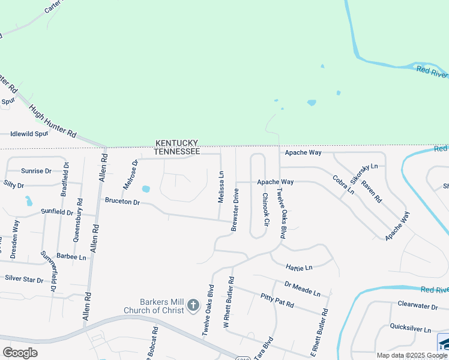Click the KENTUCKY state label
coord(176,143)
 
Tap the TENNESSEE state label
coord(176,152)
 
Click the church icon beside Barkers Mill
coord(193,306)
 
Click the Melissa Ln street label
coord(221,187)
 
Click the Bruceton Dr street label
coord(122,202)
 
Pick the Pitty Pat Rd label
coord(277,300)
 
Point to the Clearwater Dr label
coord(418,304)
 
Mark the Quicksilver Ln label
coord(411,329)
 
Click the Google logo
coord(20,352)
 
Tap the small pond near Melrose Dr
coord(146,190)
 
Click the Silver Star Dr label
coord(25,279)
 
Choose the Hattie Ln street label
coord(300,267)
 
